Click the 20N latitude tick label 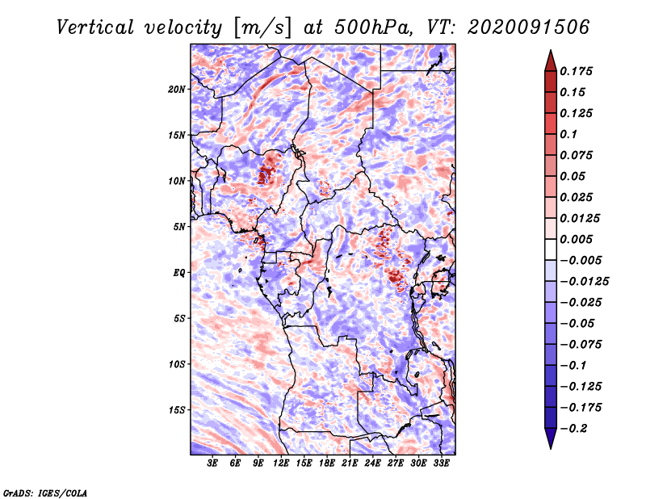tap(177, 90)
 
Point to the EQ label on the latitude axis tap(179, 273)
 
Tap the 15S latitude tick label tap(177, 410)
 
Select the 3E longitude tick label tap(212, 463)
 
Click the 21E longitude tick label tap(350, 463)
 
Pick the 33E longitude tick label tap(441, 463)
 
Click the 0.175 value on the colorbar tap(576, 71)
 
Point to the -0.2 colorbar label tap(574, 429)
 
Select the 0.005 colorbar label tap(576, 239)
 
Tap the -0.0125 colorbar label tap(584, 282)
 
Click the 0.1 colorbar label tap(568, 134)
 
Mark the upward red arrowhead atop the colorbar tap(551, 61)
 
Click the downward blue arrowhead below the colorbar tap(551, 438)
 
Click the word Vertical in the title tap(95, 27)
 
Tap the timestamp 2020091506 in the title tap(528, 27)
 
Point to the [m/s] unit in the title tap(262, 28)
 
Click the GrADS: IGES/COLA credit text tap(45, 493)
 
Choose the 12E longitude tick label tap(281, 463)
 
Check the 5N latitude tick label tap(179, 227)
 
